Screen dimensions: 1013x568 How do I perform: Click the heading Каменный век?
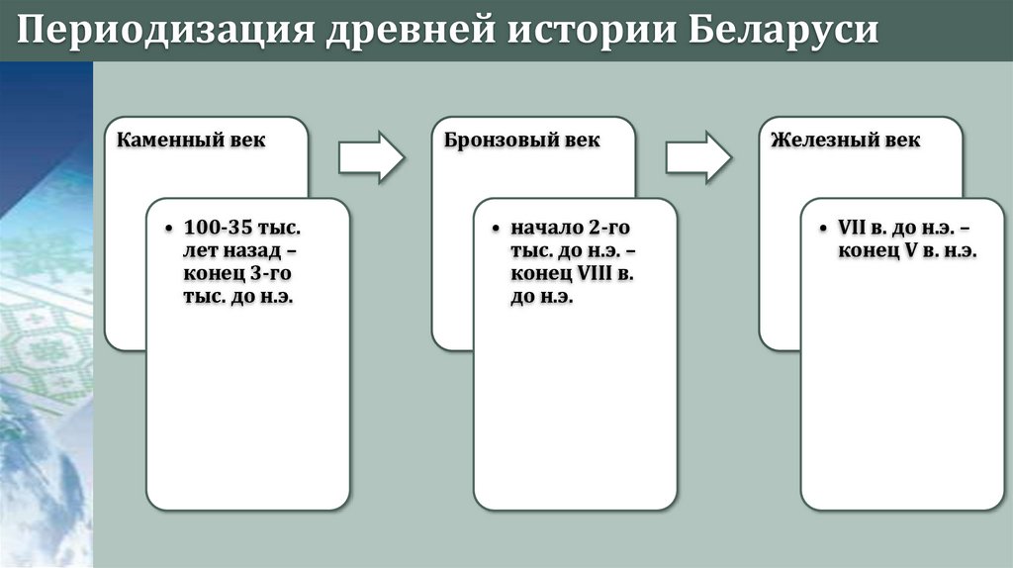[x=191, y=141]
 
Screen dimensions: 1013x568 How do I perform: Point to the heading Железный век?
[x=846, y=141]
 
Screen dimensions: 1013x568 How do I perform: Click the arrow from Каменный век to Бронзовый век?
[x=371, y=156]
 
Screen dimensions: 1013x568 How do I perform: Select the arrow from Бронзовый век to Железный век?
[x=697, y=156]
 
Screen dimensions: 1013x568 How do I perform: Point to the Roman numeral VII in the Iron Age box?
[x=853, y=229]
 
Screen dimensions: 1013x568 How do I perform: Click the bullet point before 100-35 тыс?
[x=172, y=230]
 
